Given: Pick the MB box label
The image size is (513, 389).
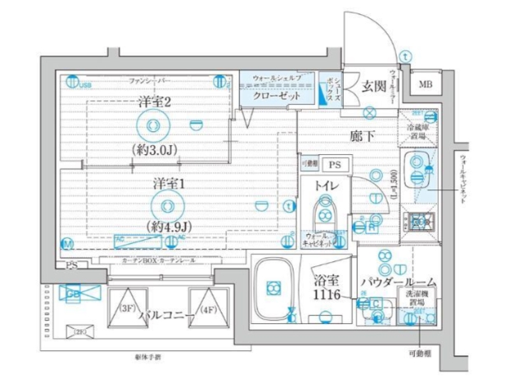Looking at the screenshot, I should point(426,84).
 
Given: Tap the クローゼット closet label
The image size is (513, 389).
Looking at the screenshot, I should point(271,96).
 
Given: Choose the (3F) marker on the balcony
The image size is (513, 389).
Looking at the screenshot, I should point(126,310).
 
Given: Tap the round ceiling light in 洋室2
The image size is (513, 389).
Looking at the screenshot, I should point(151,126).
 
